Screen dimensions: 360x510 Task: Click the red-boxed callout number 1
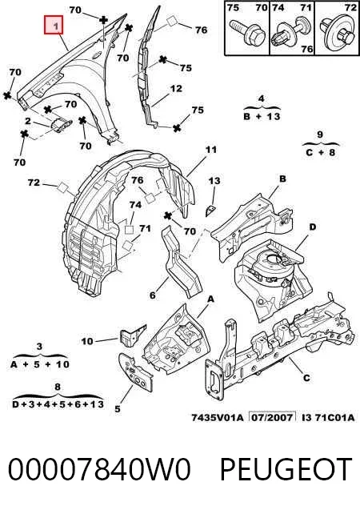pyautogui.click(x=54, y=25)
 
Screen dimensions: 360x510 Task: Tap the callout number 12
pyautogui.click(x=176, y=88)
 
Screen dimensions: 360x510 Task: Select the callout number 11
pyautogui.click(x=211, y=150)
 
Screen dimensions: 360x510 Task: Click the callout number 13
pyautogui.click(x=214, y=181)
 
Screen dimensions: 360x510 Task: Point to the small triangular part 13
pyautogui.click(x=210, y=211)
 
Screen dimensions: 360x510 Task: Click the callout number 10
pyautogui.click(x=87, y=341)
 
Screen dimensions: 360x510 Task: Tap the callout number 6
pyautogui.click(x=153, y=295)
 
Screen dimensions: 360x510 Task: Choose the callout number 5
pyautogui.click(x=118, y=409)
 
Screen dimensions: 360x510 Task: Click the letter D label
pyautogui.click(x=312, y=227)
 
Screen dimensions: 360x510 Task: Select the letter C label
pyautogui.click(x=306, y=378)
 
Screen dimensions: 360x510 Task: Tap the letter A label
pyautogui.click(x=211, y=299)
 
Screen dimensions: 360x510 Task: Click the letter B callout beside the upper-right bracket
pyautogui.click(x=282, y=179)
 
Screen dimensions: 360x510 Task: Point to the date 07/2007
pyautogui.click(x=272, y=417)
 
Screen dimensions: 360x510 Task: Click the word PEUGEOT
pyautogui.click(x=286, y=469)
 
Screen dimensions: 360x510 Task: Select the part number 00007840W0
pyautogui.click(x=99, y=469)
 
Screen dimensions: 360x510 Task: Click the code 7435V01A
pyautogui.click(x=217, y=417)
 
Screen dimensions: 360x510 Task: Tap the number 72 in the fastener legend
pyautogui.click(x=350, y=7)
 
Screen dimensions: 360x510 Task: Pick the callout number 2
pyautogui.click(x=28, y=122)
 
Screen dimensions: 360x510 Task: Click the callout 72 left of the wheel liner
pyautogui.click(x=34, y=183)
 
